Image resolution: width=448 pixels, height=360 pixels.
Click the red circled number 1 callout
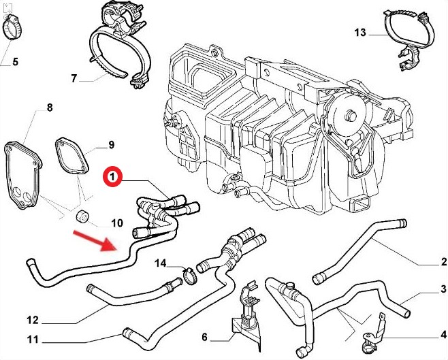(x=113, y=179)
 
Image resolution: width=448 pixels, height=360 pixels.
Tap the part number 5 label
(x=15, y=63)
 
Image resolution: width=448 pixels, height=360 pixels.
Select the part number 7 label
(x=74, y=78)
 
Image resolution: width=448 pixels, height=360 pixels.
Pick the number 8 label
(x=49, y=108)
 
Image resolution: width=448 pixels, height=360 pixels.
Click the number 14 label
(x=160, y=263)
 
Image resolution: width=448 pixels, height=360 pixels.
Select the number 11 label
(x=32, y=340)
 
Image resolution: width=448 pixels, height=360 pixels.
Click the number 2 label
(x=443, y=262)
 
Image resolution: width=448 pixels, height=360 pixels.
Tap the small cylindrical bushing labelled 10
(x=82, y=217)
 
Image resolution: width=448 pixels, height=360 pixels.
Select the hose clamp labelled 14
(x=189, y=275)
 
